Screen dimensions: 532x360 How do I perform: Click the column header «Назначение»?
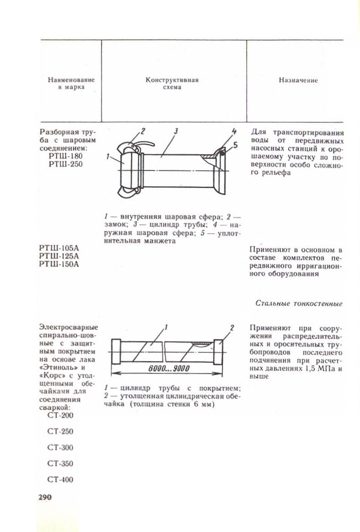[x=298, y=80]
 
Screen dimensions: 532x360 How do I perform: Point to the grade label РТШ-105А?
[x=58, y=248]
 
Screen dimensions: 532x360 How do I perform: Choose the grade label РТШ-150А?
[x=58, y=265]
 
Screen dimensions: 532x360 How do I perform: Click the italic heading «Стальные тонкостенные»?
[x=299, y=303]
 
